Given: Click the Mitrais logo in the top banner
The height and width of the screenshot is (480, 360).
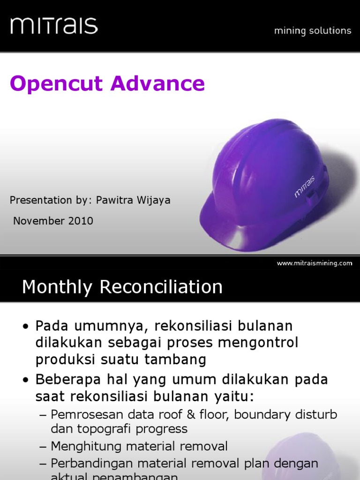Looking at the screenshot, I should tap(54, 25).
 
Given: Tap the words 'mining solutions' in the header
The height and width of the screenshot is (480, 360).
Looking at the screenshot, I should tap(313, 31).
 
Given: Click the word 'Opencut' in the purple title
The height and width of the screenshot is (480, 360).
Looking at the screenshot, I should tap(56, 84).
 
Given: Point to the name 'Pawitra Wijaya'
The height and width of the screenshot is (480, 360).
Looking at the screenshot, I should tap(133, 201).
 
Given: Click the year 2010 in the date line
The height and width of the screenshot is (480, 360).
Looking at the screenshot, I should tap(81, 221).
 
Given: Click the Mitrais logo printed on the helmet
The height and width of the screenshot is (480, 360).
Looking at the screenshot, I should tap(305, 187).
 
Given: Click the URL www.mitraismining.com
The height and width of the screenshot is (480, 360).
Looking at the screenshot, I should tap(314, 263).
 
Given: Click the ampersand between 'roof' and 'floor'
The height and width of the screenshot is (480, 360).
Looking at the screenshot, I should tap(177, 414).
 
